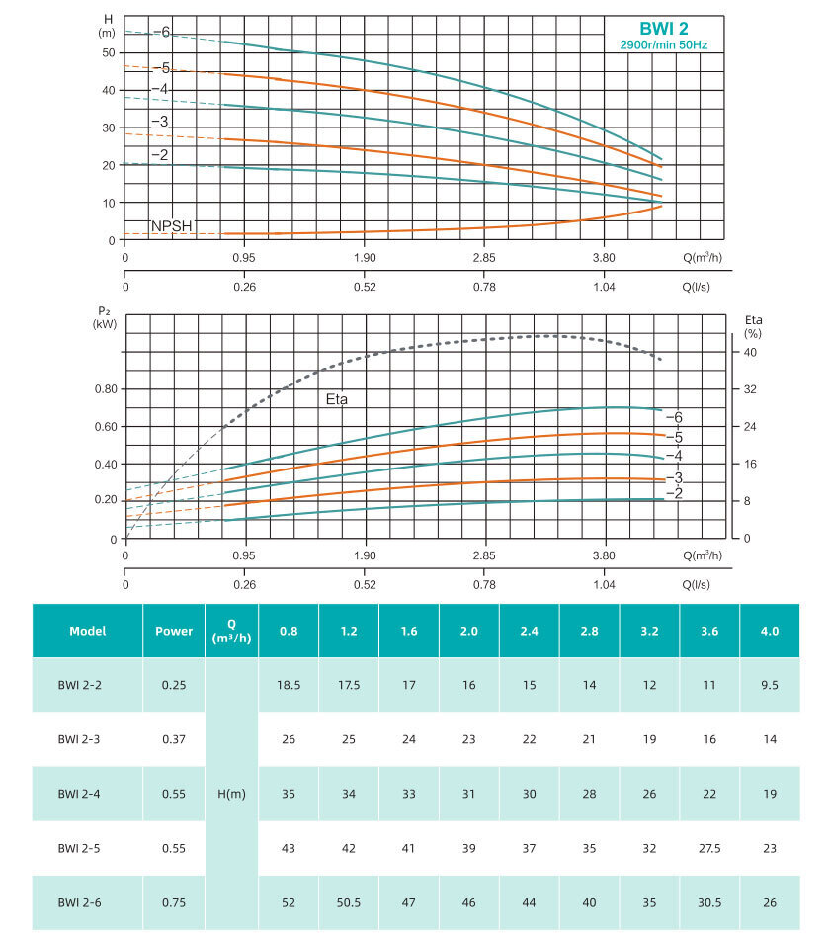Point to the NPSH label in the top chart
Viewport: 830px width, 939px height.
171,225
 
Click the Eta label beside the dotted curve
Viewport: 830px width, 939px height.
340,400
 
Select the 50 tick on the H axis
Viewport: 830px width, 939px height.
109,52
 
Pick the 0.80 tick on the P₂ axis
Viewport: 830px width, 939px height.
106,389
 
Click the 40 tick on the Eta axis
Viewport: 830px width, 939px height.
749,353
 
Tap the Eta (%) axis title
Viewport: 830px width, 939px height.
753,327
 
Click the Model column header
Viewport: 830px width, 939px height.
87,631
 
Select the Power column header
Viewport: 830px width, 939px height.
174,631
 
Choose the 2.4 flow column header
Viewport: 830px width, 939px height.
530,631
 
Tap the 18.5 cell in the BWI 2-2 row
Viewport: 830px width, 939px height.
289,684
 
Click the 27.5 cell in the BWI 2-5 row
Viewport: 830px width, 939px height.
708,848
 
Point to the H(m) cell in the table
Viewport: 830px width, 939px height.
231,794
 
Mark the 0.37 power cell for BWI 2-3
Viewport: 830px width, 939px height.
174,738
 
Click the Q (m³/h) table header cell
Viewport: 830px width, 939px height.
231,630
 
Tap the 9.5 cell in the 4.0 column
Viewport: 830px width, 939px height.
769,684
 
